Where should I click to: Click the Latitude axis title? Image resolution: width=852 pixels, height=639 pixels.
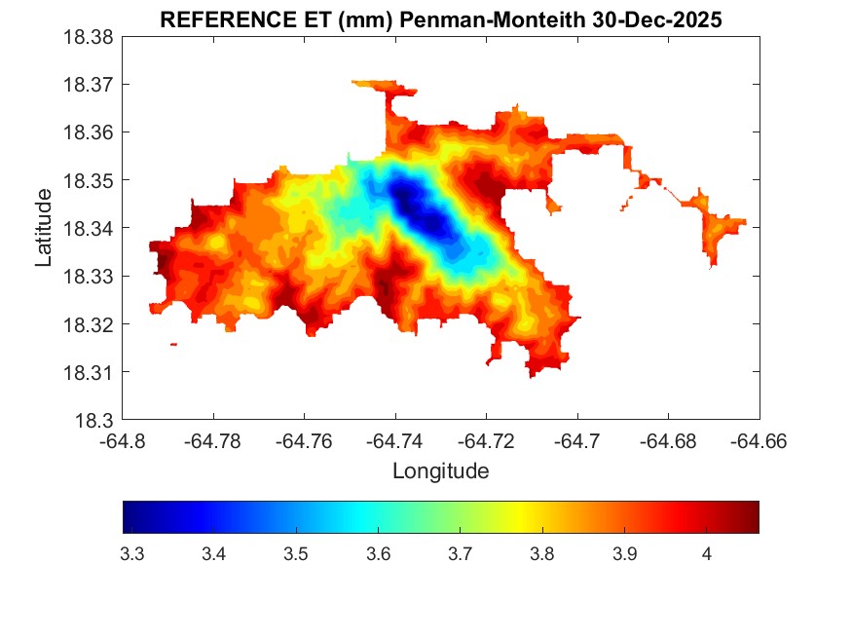click(44, 228)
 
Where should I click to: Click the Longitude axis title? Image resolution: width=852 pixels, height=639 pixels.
click(440, 471)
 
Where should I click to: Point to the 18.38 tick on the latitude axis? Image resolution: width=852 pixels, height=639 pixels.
click(90, 36)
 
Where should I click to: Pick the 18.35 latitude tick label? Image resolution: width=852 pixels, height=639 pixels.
click(90, 180)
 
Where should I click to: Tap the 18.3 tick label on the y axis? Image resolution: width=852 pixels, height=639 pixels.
click(95, 420)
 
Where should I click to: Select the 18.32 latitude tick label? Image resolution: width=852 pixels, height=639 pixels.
click(90, 323)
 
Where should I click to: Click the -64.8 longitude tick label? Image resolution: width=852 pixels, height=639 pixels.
click(124, 441)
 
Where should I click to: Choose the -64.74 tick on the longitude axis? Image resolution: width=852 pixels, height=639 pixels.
click(395, 441)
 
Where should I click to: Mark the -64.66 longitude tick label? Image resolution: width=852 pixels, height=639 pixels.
click(759, 441)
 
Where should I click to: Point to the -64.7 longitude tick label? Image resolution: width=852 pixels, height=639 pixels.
click(578, 441)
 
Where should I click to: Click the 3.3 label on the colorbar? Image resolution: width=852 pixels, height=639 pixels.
click(131, 554)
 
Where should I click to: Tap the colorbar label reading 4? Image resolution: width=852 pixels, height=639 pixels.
click(706, 554)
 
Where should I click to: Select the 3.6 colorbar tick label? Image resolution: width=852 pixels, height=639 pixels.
click(378, 554)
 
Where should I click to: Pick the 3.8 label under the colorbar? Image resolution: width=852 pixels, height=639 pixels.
click(542, 554)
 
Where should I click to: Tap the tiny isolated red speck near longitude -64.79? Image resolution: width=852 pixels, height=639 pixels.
click(173, 344)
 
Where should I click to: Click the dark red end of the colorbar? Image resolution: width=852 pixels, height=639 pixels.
click(751, 517)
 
